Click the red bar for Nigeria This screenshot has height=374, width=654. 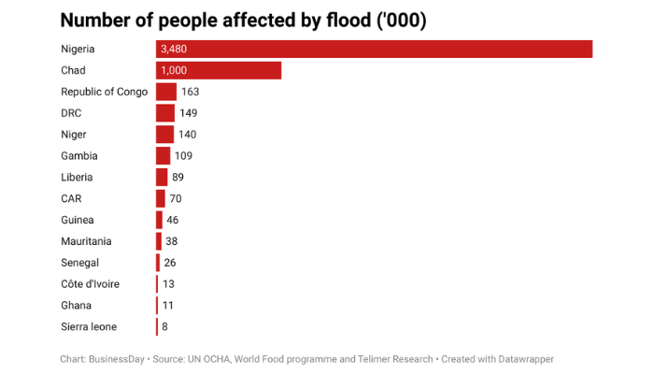374,49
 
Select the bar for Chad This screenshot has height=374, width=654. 219,70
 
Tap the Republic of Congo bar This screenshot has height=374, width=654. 166,92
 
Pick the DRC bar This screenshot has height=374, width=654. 165,113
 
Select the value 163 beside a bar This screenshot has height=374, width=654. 191,92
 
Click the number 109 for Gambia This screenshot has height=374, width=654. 183,155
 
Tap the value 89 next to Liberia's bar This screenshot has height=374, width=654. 180,177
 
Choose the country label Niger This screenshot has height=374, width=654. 75,135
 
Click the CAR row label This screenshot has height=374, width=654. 72,198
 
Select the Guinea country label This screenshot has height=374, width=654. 78,220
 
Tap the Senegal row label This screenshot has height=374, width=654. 80,263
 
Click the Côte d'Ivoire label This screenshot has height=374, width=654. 90,284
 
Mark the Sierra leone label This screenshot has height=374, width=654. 89,326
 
